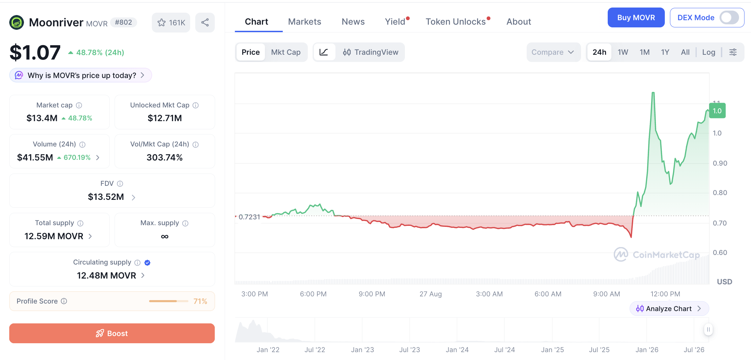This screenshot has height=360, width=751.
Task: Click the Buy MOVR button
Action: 636,17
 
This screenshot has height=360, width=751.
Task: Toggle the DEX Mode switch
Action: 729,17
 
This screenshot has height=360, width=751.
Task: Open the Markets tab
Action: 305,22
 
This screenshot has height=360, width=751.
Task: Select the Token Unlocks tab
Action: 456,22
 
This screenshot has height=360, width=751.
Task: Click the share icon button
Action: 205,23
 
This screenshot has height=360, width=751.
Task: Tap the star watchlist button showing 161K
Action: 171,23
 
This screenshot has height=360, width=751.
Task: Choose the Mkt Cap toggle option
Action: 286,52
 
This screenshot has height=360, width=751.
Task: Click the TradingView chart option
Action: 371,52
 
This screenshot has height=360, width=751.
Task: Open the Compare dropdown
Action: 553,52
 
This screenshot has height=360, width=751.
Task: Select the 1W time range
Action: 623,52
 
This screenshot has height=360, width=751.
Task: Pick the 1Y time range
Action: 665,52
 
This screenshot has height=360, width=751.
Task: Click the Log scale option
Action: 709,52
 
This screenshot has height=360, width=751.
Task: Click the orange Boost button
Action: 112,333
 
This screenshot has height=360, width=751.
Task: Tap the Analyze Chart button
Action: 669,309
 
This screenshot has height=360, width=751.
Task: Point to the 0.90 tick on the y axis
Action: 720,163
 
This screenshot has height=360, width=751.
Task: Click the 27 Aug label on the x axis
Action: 431,294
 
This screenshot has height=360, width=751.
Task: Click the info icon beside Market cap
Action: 79,105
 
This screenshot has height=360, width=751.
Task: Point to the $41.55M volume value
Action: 35,157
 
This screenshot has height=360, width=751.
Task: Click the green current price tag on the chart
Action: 717,111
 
